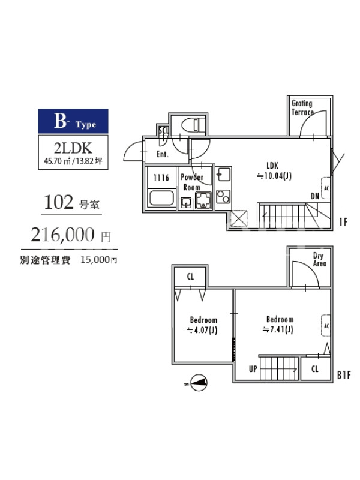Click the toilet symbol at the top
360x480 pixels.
(x=193, y=125)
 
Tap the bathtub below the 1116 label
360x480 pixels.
(x=161, y=198)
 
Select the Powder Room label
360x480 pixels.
(x=192, y=182)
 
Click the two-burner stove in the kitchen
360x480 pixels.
(x=223, y=197)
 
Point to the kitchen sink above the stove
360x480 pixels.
(x=223, y=175)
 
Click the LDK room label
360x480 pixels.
(x=272, y=166)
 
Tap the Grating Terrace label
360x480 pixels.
(x=302, y=108)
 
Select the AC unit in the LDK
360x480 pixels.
(x=326, y=188)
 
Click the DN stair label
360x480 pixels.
(x=314, y=196)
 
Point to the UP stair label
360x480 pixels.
(x=253, y=369)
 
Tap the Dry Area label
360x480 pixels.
(x=319, y=260)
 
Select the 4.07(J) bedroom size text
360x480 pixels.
(x=202, y=331)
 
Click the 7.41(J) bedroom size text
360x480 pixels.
(x=278, y=329)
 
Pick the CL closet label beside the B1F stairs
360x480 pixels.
(x=314, y=369)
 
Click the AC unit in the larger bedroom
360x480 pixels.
(x=326, y=326)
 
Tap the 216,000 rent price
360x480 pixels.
(x=62, y=235)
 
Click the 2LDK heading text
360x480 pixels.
(x=73, y=148)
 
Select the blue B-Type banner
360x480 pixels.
(x=73, y=121)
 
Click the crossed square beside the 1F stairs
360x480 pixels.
(x=238, y=218)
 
